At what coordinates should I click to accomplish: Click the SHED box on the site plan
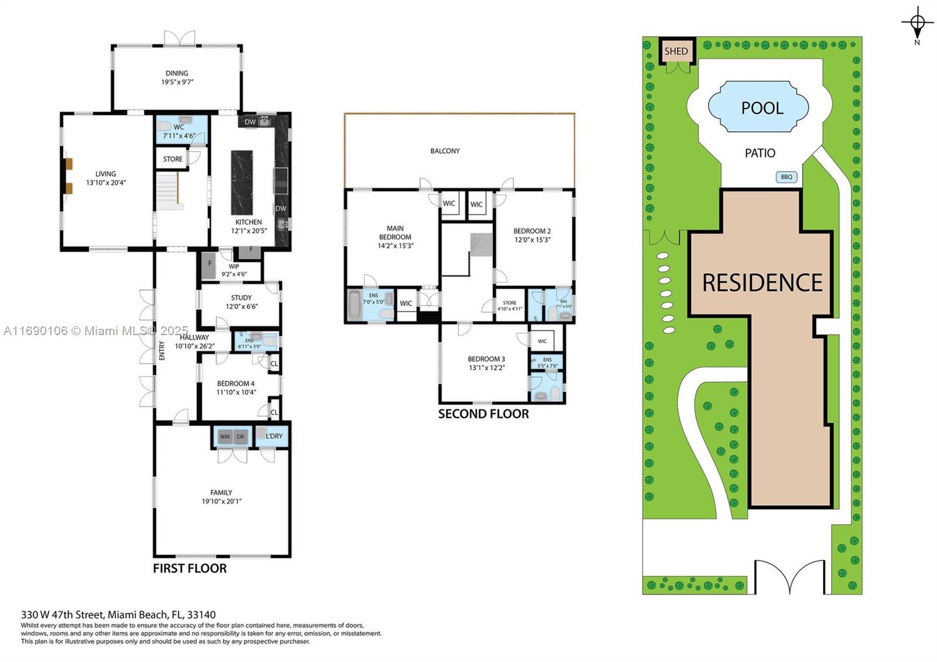pos(676,51)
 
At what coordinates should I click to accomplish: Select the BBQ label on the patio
pos(786,177)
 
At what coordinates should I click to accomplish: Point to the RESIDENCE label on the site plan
pos(762,283)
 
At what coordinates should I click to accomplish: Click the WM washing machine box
pos(225,437)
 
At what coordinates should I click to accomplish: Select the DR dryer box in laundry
pos(241,437)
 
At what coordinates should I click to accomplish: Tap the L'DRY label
pos(274,436)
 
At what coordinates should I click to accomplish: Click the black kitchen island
pos(242,183)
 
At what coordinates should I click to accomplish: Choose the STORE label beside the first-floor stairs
pos(173,159)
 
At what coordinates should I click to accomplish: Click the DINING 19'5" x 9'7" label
pos(177,78)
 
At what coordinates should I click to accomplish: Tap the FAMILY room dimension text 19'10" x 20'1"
pos(221,501)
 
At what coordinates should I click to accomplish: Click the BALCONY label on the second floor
pos(445,151)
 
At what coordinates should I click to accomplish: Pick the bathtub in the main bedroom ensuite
pos(354,305)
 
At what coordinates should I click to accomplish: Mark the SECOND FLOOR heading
pos(483,414)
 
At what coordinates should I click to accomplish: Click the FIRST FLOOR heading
pos(190,568)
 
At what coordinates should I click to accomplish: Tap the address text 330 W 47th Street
pos(63,615)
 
